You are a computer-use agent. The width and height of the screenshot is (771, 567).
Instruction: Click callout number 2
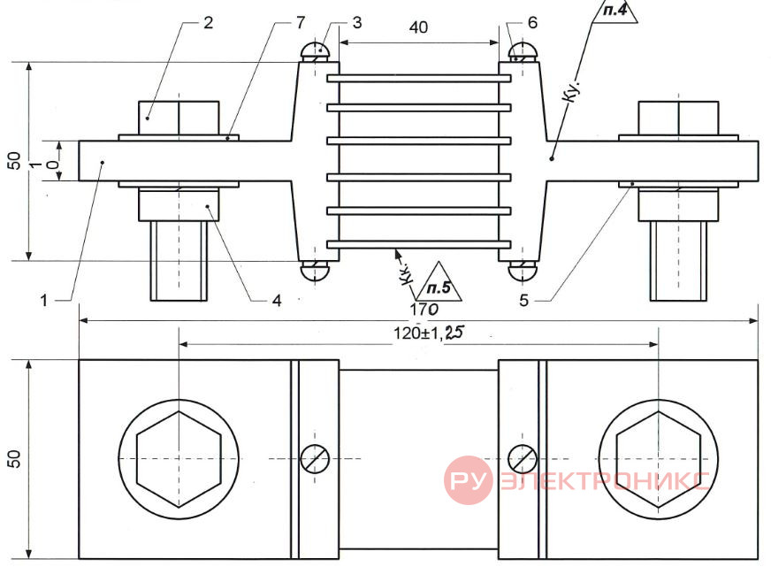coord(208,23)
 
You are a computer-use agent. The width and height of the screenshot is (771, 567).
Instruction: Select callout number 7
coord(301,22)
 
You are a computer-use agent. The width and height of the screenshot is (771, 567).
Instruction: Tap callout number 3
coord(357,23)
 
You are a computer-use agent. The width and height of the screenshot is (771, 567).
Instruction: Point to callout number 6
coord(532,23)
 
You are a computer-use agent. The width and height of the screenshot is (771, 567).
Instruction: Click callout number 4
coord(277,301)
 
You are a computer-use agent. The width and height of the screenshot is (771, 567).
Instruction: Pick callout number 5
coord(524,301)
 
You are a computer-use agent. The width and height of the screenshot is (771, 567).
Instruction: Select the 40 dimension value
coord(418,27)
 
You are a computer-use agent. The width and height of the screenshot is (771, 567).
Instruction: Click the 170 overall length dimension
coord(424,310)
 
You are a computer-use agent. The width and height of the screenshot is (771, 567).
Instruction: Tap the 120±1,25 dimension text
coord(428,333)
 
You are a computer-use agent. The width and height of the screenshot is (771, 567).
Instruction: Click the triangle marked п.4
coord(615,11)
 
